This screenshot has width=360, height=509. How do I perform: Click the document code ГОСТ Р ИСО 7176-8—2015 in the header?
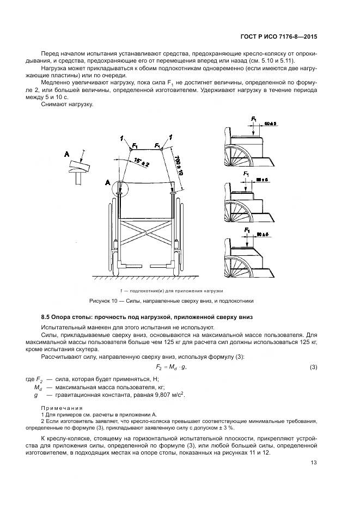tap(279, 38)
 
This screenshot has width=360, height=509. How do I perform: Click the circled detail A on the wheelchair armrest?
tap(119, 191)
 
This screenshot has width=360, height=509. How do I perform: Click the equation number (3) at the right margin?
tap(313, 367)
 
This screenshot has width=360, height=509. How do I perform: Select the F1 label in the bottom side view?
tap(248, 231)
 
